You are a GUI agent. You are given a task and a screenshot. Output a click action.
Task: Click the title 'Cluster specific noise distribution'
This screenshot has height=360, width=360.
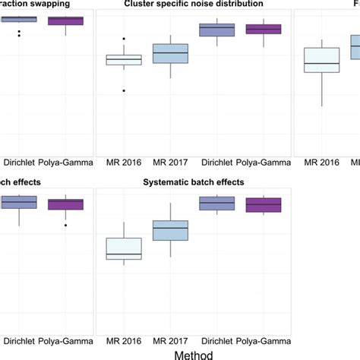click(x=193, y=4)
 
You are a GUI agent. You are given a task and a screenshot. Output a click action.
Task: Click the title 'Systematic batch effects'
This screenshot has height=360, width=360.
click(x=193, y=182)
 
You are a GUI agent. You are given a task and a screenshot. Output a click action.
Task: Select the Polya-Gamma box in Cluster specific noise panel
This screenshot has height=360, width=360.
click(x=264, y=30)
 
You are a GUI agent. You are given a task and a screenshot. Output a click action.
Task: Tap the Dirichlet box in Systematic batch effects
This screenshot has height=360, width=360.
click(x=216, y=203)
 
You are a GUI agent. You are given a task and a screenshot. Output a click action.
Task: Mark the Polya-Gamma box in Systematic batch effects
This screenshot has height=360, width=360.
click(x=264, y=204)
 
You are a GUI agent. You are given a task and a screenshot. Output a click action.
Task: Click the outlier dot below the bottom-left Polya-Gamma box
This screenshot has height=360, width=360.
click(x=65, y=225)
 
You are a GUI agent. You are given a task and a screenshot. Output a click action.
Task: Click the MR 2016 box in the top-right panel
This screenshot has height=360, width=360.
click(x=321, y=60)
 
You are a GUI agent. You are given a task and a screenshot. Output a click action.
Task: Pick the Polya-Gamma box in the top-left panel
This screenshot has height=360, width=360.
click(x=65, y=21)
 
